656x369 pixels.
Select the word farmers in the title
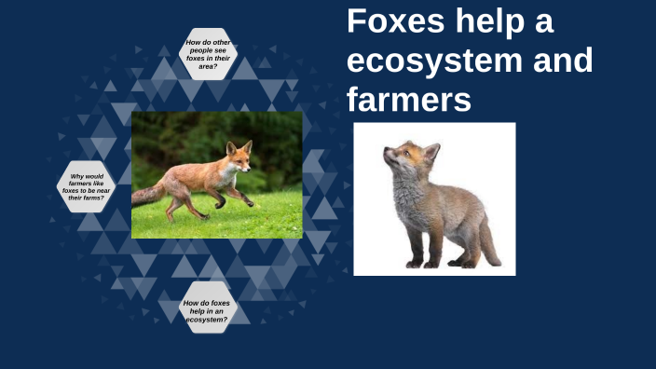(x=409, y=99)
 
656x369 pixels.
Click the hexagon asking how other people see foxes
(x=208, y=54)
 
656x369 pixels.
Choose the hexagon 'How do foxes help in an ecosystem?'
(x=207, y=309)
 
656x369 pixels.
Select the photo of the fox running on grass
(x=217, y=175)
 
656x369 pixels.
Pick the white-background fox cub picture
(x=434, y=198)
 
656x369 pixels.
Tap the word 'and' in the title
(x=558, y=61)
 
